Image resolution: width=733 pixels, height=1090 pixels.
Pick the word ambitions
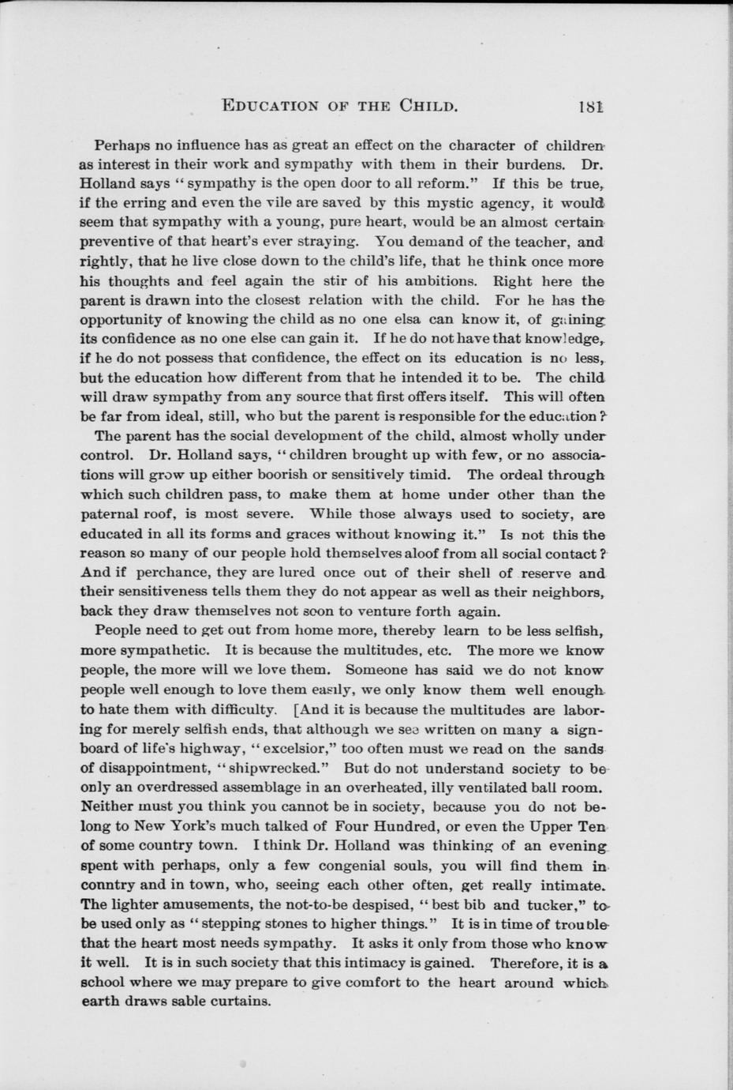point(441,281)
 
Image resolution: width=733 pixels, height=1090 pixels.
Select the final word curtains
point(237,1002)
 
